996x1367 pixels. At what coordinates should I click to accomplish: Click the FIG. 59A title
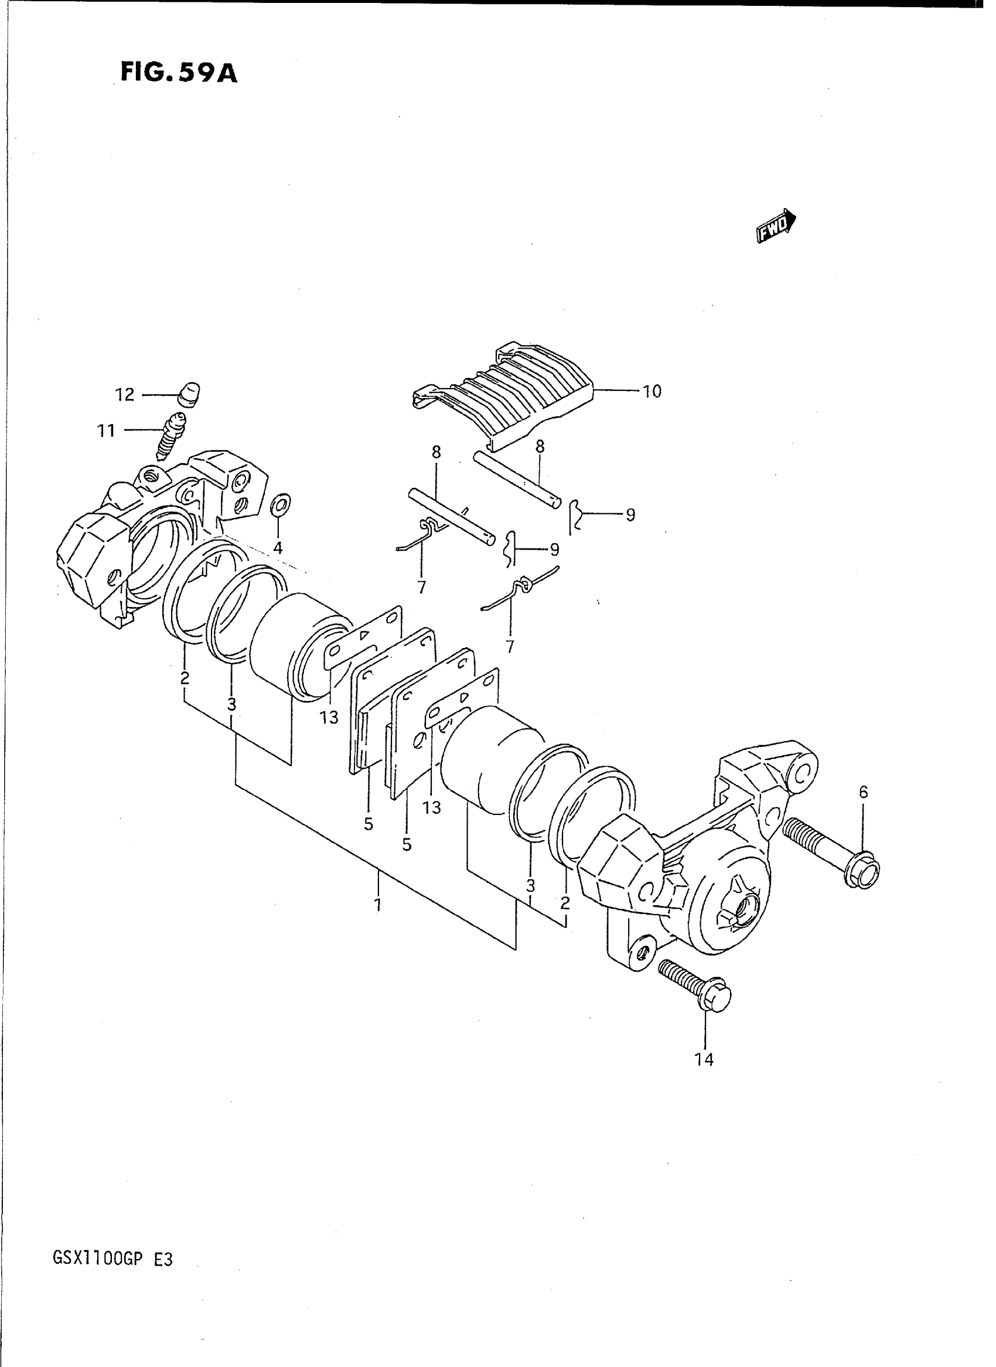click(179, 73)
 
